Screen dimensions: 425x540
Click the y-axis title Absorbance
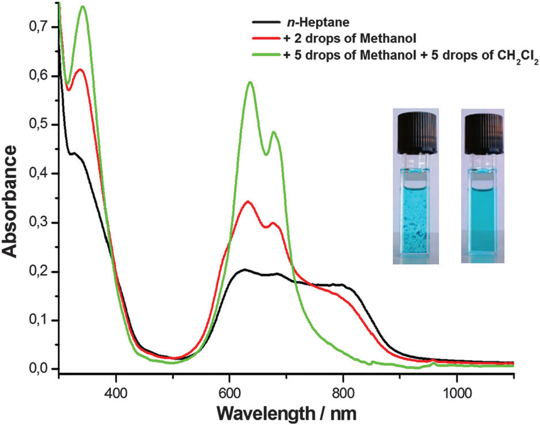12,199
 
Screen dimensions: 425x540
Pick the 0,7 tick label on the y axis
43,27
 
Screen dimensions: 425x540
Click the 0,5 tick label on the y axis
43,125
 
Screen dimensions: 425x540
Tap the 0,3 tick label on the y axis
43,222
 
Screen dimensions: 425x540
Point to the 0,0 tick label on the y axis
43,368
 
